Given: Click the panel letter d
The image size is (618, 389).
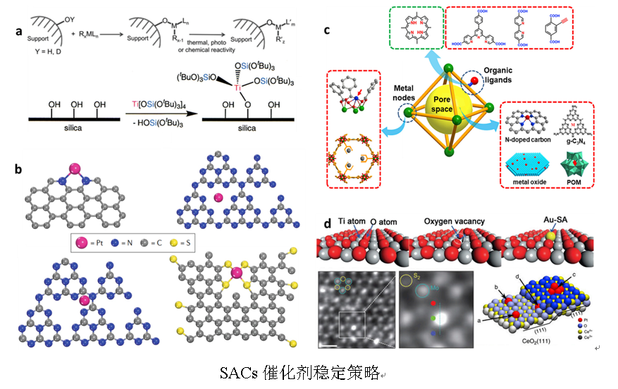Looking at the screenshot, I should click(326, 226).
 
